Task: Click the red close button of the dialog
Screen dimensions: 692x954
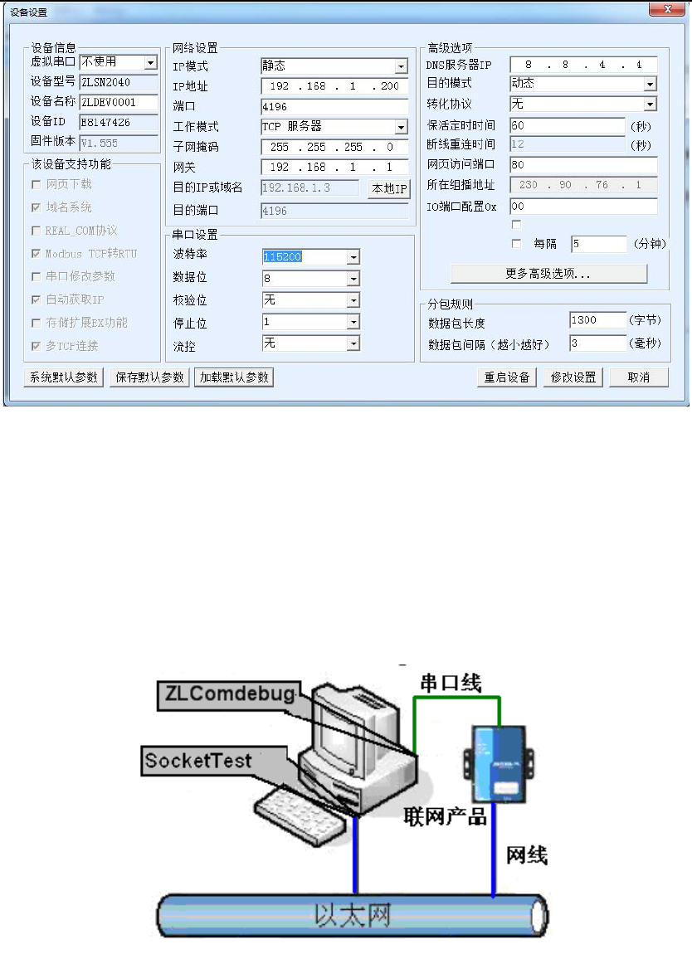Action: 662,11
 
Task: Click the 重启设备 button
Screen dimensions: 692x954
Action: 507,377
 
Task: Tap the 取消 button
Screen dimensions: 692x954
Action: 638,377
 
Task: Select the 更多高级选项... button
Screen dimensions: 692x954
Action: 548,274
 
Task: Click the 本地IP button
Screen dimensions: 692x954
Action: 389,188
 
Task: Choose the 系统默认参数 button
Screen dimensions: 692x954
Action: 63,377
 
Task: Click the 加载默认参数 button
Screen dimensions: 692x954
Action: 235,377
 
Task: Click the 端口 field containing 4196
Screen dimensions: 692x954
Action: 334,107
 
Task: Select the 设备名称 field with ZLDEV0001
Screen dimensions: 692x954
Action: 119,103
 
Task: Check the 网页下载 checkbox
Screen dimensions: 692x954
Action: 36,184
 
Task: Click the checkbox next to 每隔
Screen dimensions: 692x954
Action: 517,244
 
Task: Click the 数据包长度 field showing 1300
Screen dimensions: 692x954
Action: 597,320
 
